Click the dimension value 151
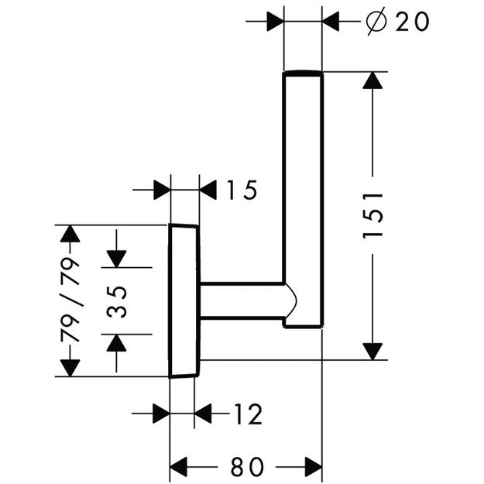pos(374,215)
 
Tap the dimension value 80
pos(246,467)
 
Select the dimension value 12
pos(247,415)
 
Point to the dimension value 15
pos(242,190)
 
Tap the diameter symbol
pos(374,22)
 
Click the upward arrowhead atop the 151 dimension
pos(374,82)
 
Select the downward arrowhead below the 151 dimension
pos(374,350)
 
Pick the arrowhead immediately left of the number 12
pos(203,415)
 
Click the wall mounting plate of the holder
pos(184,300)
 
